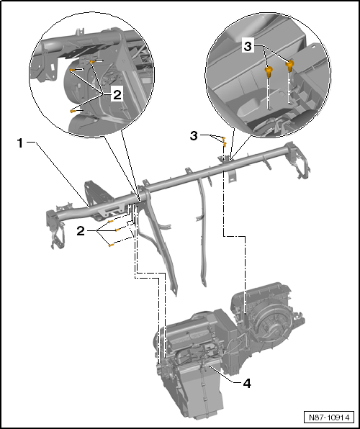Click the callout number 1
point(21,143)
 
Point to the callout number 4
point(246,384)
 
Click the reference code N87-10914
point(330,417)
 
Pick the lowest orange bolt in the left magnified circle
point(73,111)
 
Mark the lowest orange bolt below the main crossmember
point(110,245)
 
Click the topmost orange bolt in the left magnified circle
point(94,63)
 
